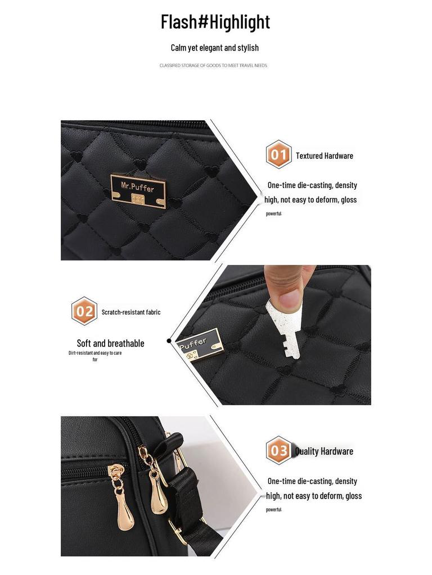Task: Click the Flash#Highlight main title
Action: [x=215, y=22]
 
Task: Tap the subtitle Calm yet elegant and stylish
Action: [x=215, y=48]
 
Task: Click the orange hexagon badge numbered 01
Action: [x=278, y=154]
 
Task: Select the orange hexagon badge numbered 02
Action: [x=84, y=311]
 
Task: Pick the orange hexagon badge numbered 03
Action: [x=279, y=450]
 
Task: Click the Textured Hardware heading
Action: [x=325, y=156]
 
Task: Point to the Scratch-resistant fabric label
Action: [x=131, y=312]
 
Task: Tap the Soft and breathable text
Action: [x=110, y=343]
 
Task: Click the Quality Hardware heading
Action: [x=325, y=451]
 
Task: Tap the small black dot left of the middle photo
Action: [x=169, y=341]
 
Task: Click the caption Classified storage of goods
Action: [x=213, y=66]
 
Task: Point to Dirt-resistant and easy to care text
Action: [x=95, y=353]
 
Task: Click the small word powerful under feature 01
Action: [x=274, y=213]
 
